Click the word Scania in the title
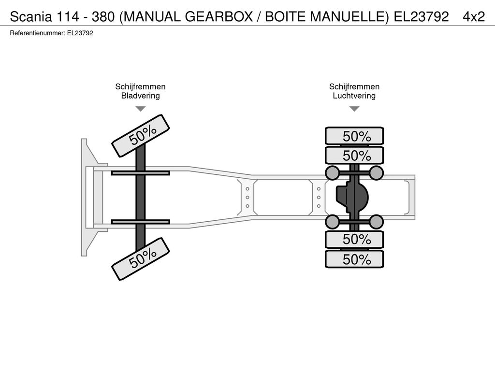pos(31,16)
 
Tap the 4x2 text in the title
pos(474,16)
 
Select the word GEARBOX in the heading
pos(219,16)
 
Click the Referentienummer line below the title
pos(51,33)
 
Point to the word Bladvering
pos(141,96)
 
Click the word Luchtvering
pos(354,96)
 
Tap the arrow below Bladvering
pos(141,109)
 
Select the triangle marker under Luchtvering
pos(354,109)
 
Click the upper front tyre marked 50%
pos(141,136)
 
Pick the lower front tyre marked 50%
pos(141,259)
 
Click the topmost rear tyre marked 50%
pos(354,136)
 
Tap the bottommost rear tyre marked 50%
pos(354,259)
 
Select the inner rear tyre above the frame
pos(354,156)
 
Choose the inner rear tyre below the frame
pos(354,240)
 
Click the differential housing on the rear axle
pos(352,198)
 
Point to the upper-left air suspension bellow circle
pos(333,173)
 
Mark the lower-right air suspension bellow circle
pos(376,222)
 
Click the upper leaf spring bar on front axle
pos(141,173)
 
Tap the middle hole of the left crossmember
pos(247,198)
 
